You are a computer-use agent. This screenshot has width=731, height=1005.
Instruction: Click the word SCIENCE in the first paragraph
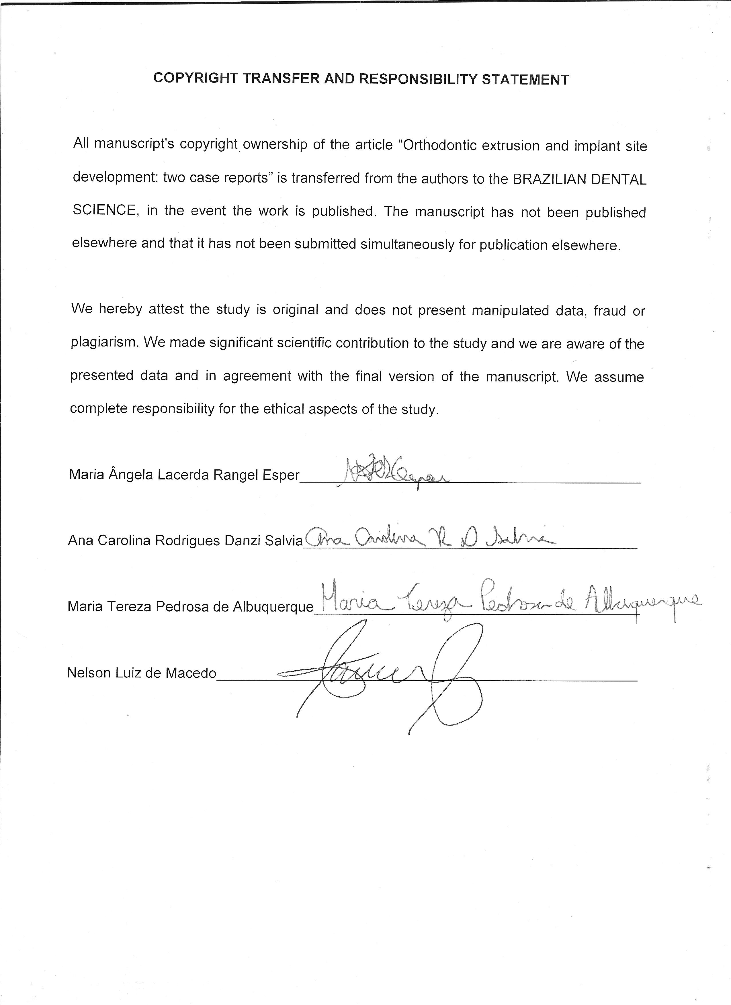tap(104, 210)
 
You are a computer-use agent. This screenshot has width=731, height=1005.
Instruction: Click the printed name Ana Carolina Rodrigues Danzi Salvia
tap(185, 540)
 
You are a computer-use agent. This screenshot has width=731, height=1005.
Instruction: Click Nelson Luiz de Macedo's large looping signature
tap(390, 676)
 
